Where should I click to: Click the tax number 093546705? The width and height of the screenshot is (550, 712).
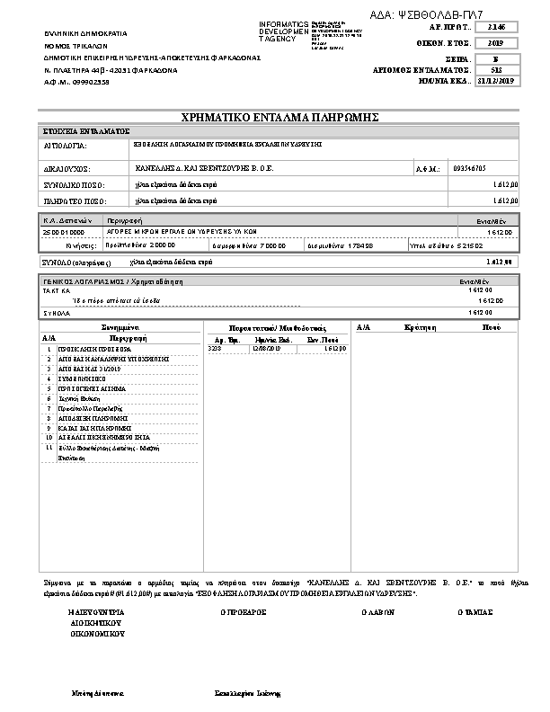coord(468,168)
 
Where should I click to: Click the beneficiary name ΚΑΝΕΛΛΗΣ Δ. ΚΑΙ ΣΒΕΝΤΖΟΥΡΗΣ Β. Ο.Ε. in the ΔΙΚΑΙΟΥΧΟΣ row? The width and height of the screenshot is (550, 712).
coord(200,167)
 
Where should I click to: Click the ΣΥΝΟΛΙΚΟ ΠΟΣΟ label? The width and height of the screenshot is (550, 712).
coord(75,184)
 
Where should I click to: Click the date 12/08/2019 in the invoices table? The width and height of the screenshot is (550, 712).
coord(268,348)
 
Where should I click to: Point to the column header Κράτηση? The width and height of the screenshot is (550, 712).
coord(421,328)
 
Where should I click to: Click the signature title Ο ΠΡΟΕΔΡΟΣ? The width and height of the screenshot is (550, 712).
coord(244,611)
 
